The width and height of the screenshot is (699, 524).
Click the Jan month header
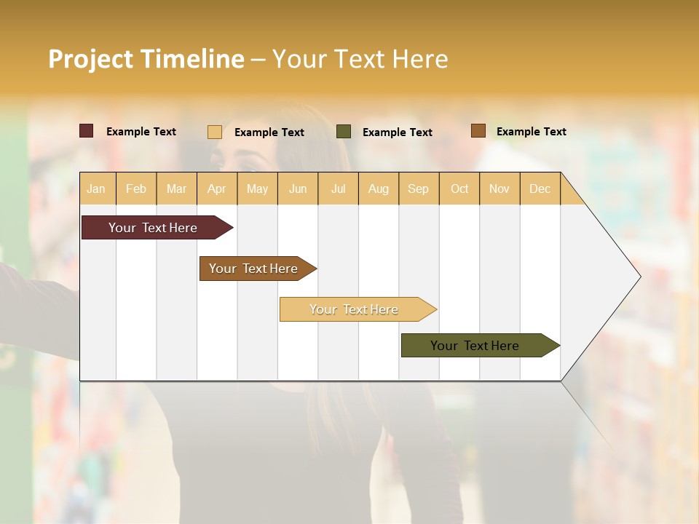[97, 188]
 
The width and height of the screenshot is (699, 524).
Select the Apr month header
[217, 188]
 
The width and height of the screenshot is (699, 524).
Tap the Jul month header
[339, 188]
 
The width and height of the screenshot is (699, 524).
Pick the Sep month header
[419, 188]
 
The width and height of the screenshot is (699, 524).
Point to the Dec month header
[540, 188]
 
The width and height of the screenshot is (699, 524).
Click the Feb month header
[136, 188]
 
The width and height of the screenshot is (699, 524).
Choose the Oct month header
[459, 188]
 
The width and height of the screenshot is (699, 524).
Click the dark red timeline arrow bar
[153, 228]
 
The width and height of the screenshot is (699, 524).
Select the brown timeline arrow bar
[253, 269]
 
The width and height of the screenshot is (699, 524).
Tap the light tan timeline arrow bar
[354, 309]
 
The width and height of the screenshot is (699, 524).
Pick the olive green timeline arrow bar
[475, 346]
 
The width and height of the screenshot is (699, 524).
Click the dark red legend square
[87, 131]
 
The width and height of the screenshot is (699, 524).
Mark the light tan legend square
[215, 132]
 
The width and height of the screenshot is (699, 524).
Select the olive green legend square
[344, 132]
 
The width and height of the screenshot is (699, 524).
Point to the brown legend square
[478, 131]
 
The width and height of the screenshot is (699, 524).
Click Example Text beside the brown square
[531, 132]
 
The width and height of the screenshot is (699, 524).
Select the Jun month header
[298, 188]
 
